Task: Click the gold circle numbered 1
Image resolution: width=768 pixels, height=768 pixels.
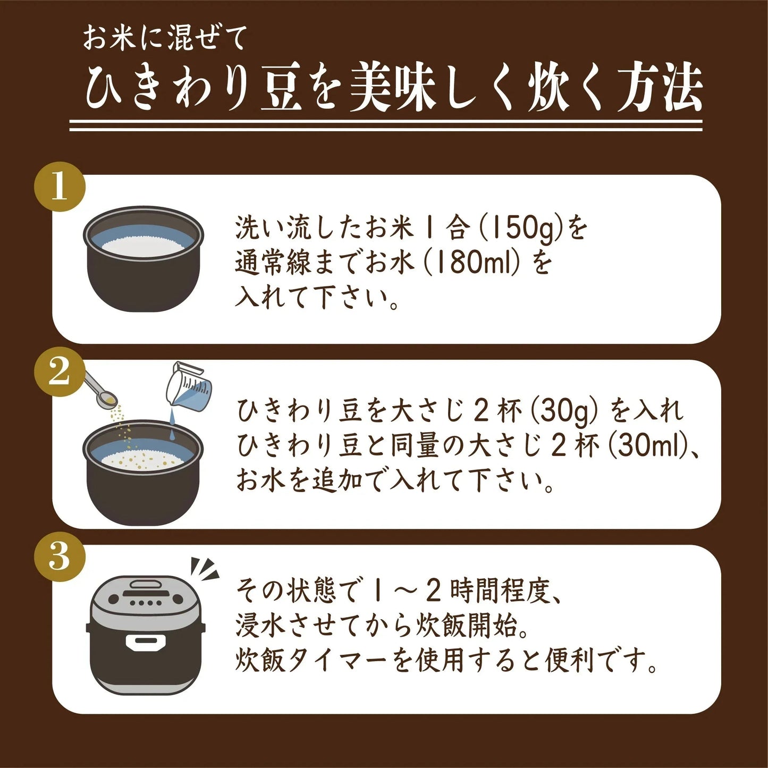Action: click(x=60, y=187)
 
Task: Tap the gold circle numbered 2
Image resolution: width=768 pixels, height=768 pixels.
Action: click(x=60, y=372)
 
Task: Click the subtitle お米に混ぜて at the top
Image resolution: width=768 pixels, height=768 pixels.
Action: click(x=164, y=38)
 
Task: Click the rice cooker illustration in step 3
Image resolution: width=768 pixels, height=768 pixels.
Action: click(x=145, y=635)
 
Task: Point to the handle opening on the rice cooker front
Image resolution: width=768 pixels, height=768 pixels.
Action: click(x=145, y=643)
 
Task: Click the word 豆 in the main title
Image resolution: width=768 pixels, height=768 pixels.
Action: click(x=282, y=89)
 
